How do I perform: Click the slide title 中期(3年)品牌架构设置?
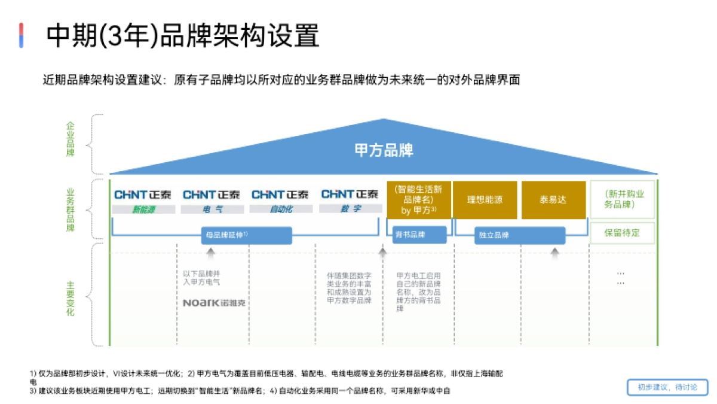(183, 35)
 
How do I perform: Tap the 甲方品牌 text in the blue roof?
(384, 150)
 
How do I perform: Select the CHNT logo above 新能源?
(143, 195)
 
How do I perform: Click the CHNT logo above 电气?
(212, 195)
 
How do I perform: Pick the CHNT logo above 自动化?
(280, 195)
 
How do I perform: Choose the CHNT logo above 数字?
(350, 194)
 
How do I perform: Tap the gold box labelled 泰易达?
(553, 200)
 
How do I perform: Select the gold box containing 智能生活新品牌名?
(418, 200)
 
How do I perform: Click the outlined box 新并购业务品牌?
(623, 199)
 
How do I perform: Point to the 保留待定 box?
(623, 233)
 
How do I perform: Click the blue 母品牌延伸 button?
(247, 235)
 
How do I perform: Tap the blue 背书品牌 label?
(419, 235)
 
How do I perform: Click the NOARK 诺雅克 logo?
(214, 303)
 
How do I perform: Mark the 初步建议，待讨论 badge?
(667, 387)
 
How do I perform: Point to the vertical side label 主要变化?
(71, 294)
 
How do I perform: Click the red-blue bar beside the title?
(22, 35)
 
